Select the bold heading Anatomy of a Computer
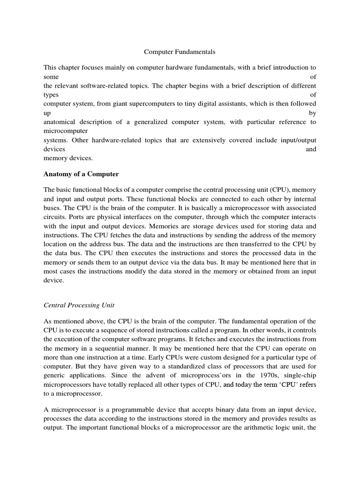click(x=81, y=174)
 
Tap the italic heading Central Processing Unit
click(x=79, y=305)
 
